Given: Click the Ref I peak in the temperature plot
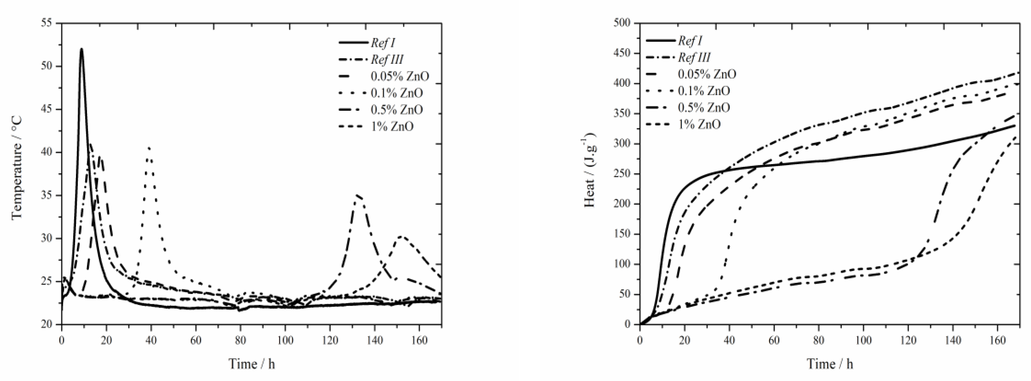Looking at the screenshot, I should pos(82,49).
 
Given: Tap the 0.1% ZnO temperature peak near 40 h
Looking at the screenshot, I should pos(149,147).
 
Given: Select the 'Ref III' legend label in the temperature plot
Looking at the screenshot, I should pos(387,60).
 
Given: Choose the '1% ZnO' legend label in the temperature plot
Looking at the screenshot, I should pos(392,126).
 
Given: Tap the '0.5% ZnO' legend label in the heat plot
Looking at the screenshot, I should pos(704,108).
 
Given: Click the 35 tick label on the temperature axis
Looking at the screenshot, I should pos(47,195).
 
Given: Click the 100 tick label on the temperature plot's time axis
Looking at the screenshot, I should pos(285,341).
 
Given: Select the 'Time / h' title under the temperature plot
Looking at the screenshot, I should pos(251,364).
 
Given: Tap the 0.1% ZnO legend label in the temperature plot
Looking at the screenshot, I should pos(396,93).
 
